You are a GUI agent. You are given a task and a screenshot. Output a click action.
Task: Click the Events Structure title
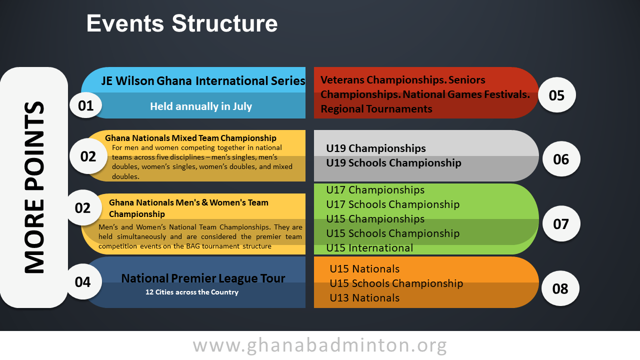coord(182,23)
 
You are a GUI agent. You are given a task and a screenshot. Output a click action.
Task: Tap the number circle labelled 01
coord(85,105)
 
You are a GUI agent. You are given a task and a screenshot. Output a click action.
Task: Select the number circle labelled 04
coord(83,281)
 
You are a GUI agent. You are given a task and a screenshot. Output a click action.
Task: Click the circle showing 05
coord(556,95)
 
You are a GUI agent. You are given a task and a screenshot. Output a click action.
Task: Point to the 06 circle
coord(561,159)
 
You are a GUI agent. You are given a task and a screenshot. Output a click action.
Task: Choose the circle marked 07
coord(561,223)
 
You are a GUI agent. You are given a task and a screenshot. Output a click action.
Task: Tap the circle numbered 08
coord(560,288)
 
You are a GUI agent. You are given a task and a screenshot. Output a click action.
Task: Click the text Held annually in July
coord(201,106)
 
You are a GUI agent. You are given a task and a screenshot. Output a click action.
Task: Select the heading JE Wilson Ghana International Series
coord(203,81)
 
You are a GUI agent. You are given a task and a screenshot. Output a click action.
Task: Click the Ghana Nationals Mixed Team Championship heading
coord(190,138)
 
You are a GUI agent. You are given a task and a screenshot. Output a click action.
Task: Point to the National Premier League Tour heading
coord(203,278)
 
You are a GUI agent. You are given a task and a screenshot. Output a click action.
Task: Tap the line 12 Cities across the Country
coord(192,292)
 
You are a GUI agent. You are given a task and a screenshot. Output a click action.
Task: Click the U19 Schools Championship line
coord(393,163)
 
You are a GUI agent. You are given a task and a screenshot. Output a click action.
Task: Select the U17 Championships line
coord(375,190)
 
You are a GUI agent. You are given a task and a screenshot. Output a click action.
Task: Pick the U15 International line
coord(369,248)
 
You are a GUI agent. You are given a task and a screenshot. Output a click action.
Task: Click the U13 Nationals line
coord(364,298)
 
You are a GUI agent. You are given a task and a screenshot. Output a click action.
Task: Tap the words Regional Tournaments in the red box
coord(376,109)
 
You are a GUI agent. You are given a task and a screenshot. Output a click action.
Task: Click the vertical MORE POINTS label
coord(34,187)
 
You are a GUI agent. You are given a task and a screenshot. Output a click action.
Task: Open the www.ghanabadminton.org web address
coord(319,345)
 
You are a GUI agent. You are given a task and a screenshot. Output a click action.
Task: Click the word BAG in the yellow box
coord(193,246)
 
